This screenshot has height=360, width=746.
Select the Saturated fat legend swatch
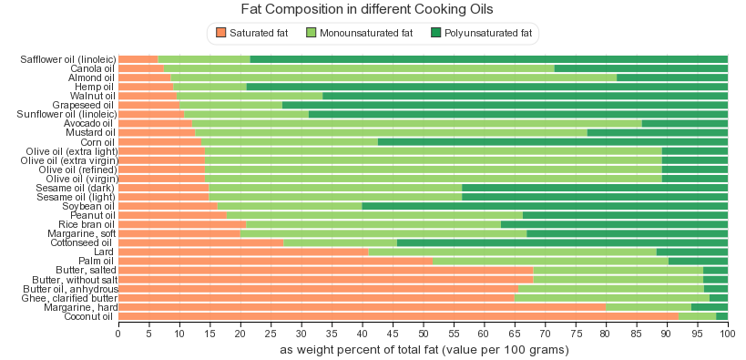[x=220, y=33]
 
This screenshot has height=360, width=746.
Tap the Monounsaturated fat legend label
[x=366, y=33]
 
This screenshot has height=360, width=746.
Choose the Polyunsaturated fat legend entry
[x=482, y=33]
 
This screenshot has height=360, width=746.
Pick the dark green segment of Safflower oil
[x=489, y=59]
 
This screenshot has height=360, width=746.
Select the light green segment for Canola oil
[x=359, y=68]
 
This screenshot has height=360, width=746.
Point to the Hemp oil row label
[x=94, y=87]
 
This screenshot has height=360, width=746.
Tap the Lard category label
[x=104, y=252]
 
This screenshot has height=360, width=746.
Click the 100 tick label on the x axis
[x=728, y=334]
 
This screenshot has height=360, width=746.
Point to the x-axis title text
[x=424, y=351]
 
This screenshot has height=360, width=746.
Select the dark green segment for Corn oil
[x=553, y=142]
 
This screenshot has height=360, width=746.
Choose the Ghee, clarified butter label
[x=69, y=298]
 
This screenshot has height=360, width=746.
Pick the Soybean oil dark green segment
[x=545, y=206]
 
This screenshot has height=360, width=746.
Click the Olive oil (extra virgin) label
[x=69, y=160]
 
